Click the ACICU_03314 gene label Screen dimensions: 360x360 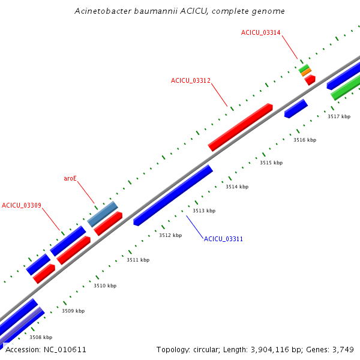pyautogui.click(x=260, y=32)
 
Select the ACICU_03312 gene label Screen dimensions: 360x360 pyautogui.click(x=190, y=80)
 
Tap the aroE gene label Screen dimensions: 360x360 pyautogui.click(x=70, y=179)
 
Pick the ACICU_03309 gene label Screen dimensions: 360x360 pyautogui.click(x=22, y=205)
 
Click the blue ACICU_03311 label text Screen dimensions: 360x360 pyautogui.click(x=223, y=239)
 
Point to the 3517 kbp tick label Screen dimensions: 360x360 pyautogui.click(x=339, y=116)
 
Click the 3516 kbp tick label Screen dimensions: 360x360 pyautogui.click(x=305, y=140)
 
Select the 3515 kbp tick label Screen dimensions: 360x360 pyautogui.click(x=271, y=163)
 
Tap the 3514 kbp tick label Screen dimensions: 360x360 pyautogui.click(x=237, y=187)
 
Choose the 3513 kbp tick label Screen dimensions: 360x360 pyautogui.click(x=204, y=211)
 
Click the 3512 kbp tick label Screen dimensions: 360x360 pyautogui.click(x=170, y=235)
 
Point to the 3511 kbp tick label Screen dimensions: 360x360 pyautogui.click(x=138, y=260)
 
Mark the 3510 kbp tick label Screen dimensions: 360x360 pyautogui.click(x=105, y=286)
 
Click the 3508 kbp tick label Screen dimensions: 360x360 pyautogui.click(x=41, y=337)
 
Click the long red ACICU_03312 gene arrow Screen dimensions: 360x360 pyautogui.click(x=241, y=127)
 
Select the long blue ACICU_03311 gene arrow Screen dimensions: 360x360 pyautogui.click(x=173, y=195)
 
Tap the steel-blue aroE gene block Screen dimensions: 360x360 pyautogui.click(x=103, y=214)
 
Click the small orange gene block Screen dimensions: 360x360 pyautogui.click(x=307, y=72)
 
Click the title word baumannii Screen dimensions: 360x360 pyautogui.click(x=151, y=11)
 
